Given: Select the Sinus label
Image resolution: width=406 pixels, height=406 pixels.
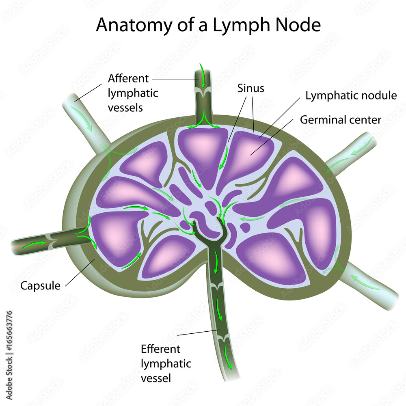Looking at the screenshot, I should [251, 88].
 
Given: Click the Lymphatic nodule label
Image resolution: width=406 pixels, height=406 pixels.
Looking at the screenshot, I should [351, 96].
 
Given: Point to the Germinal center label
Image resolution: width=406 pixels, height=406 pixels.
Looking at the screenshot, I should [341, 120].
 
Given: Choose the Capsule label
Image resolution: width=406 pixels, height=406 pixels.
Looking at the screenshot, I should [40, 286].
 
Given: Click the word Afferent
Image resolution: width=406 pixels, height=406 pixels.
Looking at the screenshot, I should [128, 78].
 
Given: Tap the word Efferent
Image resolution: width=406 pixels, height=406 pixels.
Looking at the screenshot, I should [160, 349].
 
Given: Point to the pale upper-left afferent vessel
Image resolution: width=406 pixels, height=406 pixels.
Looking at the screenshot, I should [83, 114].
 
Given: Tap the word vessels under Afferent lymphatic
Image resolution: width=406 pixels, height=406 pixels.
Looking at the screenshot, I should [127, 108].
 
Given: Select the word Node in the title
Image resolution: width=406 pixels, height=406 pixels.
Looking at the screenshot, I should [300, 25].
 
